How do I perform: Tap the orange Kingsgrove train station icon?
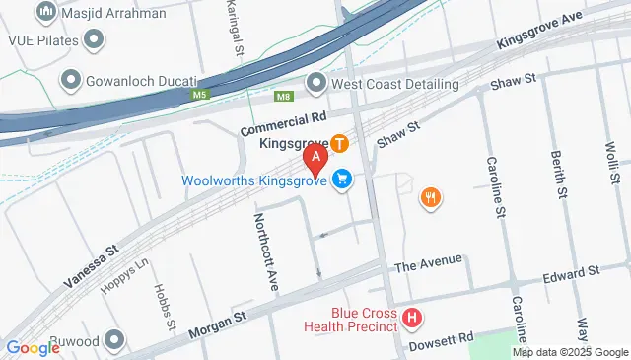pyautogui.click(x=339, y=144)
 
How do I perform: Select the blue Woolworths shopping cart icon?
pyautogui.click(x=342, y=180)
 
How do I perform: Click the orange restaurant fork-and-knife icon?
pyautogui.click(x=430, y=197)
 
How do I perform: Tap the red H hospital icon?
pyautogui.click(x=412, y=319)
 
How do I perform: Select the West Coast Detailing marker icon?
pyautogui.click(x=316, y=83)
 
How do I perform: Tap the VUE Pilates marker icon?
pyautogui.click(x=94, y=39)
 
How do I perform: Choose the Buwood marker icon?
pyautogui.click(x=115, y=340)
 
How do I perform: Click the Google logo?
pyautogui.click(x=33, y=347)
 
